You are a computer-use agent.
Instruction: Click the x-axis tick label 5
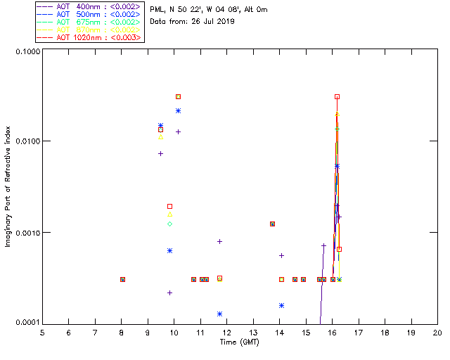pos(42,333)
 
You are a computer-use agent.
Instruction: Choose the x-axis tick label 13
pos(253,333)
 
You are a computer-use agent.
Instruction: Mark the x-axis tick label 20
pos(437,333)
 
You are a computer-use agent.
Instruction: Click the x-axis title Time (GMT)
pos(240,342)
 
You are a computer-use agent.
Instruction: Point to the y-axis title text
pos(8,187)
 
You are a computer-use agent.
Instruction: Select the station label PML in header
pos(157,10)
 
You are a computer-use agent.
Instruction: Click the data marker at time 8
pos(122,279)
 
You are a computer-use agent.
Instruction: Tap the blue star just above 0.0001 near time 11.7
pos(220,314)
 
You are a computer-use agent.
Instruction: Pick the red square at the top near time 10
pos(178,96)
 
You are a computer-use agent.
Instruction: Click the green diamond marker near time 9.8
pos(169,224)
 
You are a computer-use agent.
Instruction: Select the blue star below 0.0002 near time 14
pos(281,305)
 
